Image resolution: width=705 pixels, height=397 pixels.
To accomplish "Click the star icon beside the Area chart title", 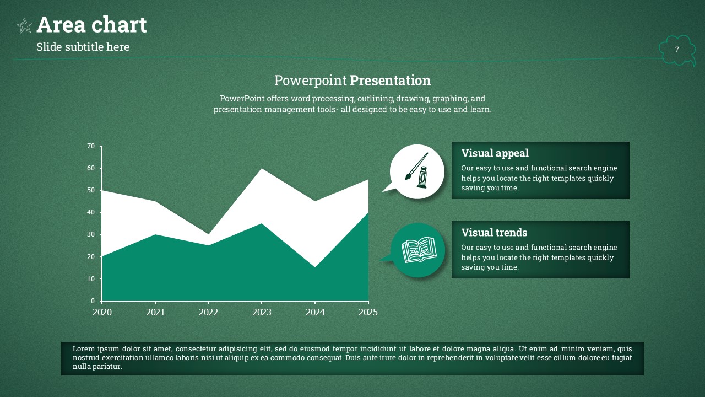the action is (x=24, y=26).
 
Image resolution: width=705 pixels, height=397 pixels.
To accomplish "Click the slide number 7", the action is (x=677, y=49).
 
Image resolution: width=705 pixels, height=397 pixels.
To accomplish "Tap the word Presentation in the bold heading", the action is (x=391, y=81).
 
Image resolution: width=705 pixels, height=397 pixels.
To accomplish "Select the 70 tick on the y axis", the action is (x=91, y=146).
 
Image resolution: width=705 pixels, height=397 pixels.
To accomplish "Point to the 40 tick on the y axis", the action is (x=91, y=212).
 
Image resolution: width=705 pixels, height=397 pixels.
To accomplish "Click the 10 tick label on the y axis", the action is (x=91, y=279).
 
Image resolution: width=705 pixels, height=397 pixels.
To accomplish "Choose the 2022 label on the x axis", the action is (x=208, y=312).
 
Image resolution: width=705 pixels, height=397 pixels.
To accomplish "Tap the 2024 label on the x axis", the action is (x=315, y=312).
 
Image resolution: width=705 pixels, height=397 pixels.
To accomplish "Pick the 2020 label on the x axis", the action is (x=102, y=312).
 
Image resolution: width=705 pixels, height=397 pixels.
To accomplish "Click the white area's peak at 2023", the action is (x=262, y=169).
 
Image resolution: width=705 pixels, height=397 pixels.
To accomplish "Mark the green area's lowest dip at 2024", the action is (x=315, y=267).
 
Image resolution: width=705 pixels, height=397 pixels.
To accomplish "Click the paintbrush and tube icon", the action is (x=417, y=170).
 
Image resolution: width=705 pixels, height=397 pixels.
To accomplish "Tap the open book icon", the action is (x=419, y=250).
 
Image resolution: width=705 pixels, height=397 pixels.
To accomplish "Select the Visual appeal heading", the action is (x=495, y=153).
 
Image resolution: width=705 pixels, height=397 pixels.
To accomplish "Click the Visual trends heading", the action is (x=494, y=233).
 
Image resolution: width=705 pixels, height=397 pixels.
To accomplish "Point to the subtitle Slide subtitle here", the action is (x=83, y=47).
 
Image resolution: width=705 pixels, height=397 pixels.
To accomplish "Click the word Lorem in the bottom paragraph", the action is (x=84, y=349).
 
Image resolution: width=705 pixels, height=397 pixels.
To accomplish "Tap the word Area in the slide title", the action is (x=61, y=25).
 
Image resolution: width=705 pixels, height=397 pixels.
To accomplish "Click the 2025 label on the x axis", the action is (x=368, y=312).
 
